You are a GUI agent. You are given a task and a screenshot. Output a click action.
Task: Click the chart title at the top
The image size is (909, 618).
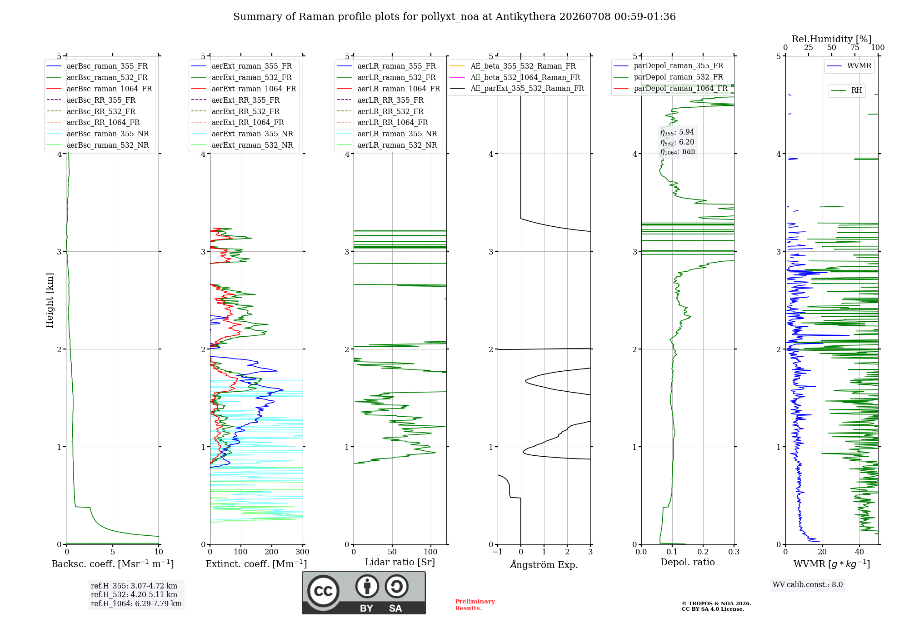454,17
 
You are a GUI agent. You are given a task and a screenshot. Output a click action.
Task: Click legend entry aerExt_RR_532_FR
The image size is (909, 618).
235,111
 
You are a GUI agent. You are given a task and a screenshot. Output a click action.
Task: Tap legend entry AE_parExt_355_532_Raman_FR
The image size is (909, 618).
517,88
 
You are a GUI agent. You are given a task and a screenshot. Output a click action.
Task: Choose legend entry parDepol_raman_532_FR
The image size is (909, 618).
669,77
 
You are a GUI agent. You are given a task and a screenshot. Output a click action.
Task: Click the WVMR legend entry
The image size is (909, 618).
849,66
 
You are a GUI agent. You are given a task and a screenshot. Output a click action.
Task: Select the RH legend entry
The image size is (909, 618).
847,90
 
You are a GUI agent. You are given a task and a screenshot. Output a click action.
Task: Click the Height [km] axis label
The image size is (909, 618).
50,300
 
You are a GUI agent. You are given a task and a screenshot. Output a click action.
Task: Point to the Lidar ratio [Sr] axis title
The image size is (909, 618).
400,562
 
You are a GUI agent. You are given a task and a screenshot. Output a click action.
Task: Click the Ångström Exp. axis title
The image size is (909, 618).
544,564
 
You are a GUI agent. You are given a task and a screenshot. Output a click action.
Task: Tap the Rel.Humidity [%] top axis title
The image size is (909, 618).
832,39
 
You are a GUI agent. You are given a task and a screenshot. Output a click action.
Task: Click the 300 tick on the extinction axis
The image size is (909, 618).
303,552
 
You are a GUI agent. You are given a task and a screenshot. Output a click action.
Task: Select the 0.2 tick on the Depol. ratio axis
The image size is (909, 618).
703,552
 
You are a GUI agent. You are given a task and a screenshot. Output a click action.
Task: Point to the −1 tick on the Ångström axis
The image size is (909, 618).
498,552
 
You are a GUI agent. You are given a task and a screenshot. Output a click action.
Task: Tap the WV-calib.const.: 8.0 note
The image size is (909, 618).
808,584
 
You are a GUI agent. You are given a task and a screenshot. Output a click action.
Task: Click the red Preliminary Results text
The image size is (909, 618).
475,605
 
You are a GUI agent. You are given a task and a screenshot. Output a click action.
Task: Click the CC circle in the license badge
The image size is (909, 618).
324,591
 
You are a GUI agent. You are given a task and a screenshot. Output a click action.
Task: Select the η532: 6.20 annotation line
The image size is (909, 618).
677,142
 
